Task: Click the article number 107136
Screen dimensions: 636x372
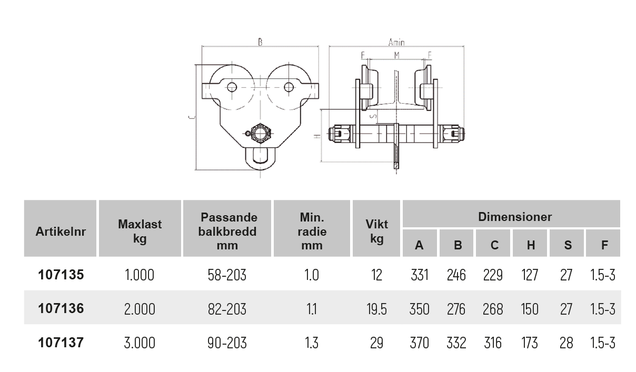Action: pyautogui.click(x=61, y=308)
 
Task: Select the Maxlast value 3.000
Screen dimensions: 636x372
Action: pyautogui.click(x=140, y=343)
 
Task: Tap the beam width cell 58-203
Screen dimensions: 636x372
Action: pyautogui.click(x=227, y=275)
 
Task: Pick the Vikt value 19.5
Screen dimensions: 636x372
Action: pyautogui.click(x=376, y=309)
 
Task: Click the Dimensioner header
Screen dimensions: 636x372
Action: pyautogui.click(x=515, y=217)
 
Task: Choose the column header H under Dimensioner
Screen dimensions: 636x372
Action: pyautogui.click(x=531, y=245)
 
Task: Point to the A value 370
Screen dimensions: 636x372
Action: pyautogui.click(x=420, y=343)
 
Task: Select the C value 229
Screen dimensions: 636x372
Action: pyautogui.click(x=493, y=275)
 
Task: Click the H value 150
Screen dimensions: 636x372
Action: pyautogui.click(x=530, y=309)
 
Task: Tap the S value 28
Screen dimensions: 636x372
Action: pyautogui.click(x=566, y=343)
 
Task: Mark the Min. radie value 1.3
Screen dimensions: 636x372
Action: pyautogui.click(x=312, y=343)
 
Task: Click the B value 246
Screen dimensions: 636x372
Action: pyautogui.click(x=456, y=275)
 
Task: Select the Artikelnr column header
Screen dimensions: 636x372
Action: pyautogui.click(x=61, y=232)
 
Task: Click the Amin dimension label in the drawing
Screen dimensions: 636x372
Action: pyautogui.click(x=396, y=42)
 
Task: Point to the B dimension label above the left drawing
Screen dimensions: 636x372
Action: pyautogui.click(x=260, y=42)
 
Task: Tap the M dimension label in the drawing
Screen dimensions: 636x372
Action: pyautogui.click(x=396, y=55)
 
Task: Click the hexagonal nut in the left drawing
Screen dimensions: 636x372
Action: pyautogui.click(x=261, y=133)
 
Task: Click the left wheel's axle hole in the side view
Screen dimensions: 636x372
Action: pyautogui.click(x=232, y=87)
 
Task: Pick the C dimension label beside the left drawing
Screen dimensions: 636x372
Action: pyautogui.click(x=192, y=117)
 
